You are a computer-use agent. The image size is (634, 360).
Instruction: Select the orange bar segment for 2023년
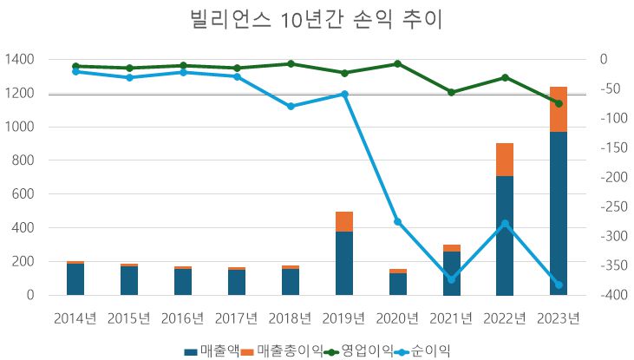tap(559, 109)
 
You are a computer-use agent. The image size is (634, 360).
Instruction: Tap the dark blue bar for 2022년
tap(505, 235)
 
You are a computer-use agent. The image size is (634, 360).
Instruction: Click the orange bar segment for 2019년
tap(344, 221)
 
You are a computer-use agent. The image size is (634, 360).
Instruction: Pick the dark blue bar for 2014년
tap(75, 278)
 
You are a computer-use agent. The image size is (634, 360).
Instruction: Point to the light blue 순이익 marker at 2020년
tap(398, 222)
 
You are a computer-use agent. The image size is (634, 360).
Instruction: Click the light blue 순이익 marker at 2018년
tap(291, 107)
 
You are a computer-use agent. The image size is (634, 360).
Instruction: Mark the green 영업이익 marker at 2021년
tap(451, 92)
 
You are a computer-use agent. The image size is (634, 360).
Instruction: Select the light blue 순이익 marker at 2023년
tap(559, 285)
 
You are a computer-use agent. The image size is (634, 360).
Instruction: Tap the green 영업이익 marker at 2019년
tap(344, 73)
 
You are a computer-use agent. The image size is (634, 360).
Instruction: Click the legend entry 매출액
tap(212, 350)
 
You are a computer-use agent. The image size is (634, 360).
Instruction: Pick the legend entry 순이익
tap(422, 350)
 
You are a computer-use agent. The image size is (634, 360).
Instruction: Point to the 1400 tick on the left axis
tap(18, 59)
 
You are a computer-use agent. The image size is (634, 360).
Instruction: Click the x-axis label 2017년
tap(237, 317)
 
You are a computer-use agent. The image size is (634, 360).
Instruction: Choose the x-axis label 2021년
tap(451, 317)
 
